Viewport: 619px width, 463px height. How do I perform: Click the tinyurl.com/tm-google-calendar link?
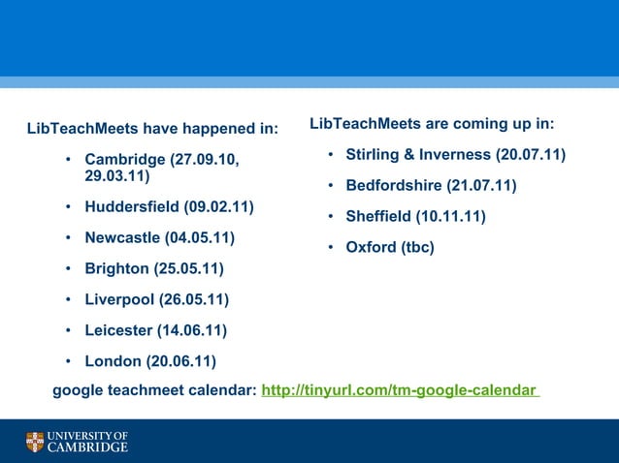tap(399, 390)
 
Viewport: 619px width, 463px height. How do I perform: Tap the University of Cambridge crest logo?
tap(35, 443)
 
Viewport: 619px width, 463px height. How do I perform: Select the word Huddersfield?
tap(131, 207)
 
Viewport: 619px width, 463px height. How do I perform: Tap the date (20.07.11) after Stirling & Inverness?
tap(531, 155)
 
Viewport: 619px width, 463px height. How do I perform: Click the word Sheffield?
tap(378, 216)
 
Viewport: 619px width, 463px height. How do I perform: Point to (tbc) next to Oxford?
tap(417, 247)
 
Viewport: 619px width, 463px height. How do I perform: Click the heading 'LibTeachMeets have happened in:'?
tap(152, 129)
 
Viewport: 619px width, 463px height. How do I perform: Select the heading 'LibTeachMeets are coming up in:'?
tap(432, 124)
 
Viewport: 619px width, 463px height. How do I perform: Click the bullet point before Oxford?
tap(331, 247)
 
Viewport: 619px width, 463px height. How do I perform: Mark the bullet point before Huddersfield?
tap(68, 207)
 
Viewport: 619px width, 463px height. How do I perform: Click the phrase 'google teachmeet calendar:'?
tap(154, 390)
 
